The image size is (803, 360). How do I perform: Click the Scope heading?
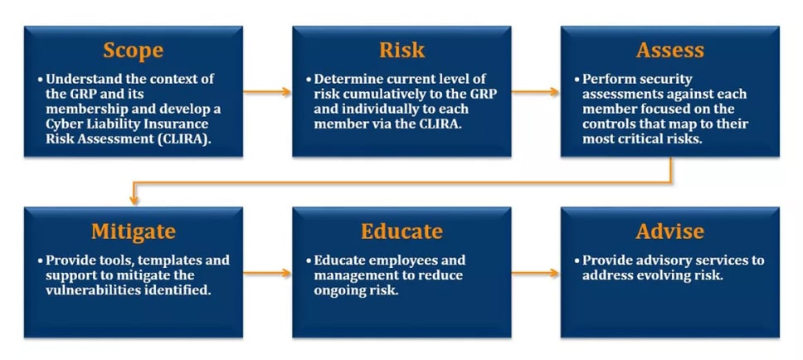[134, 51]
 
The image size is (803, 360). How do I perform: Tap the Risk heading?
[401, 51]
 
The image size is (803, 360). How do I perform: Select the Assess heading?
[669, 51]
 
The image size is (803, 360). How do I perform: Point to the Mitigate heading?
[134, 232]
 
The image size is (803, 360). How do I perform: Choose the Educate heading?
[401, 231]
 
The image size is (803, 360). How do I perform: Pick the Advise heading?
[669, 231]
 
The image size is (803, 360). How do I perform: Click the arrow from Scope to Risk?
[267, 92]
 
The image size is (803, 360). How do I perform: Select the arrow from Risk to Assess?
[535, 92]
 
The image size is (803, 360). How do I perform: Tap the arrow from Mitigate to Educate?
[267, 273]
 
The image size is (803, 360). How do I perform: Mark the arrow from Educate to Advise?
[535, 273]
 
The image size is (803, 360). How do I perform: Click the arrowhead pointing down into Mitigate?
[134, 201]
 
